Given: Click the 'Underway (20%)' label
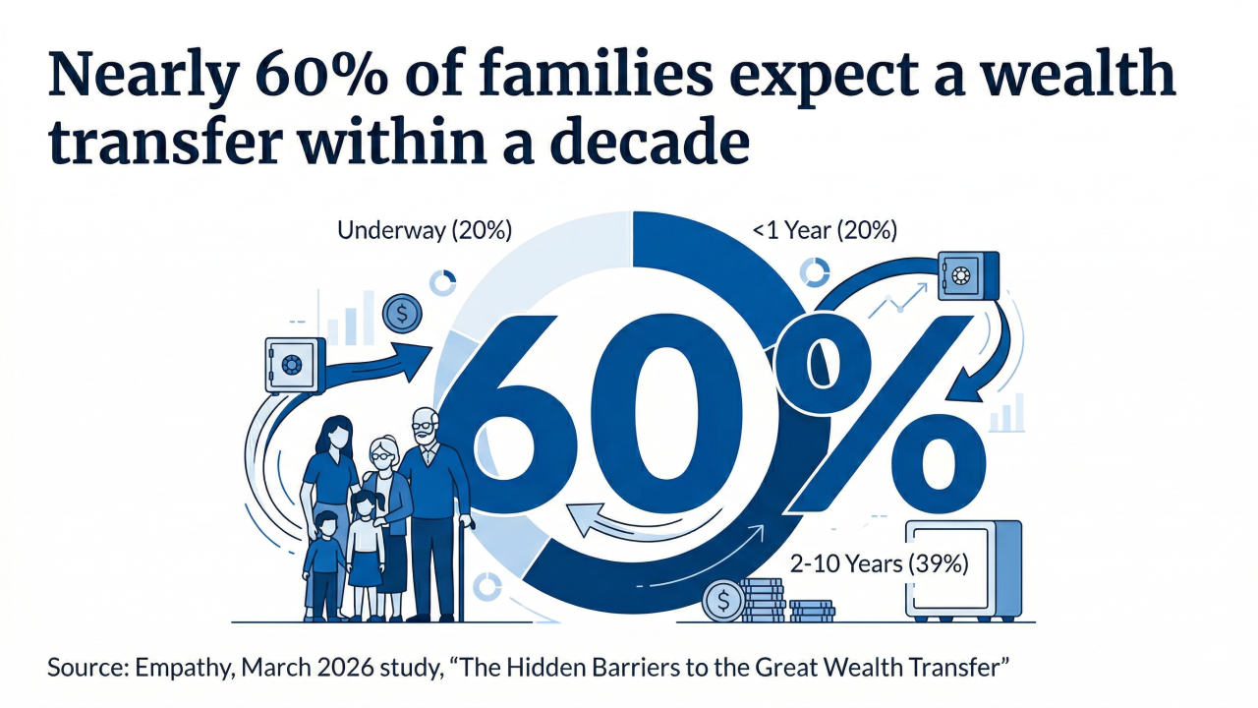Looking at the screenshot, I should (425, 231).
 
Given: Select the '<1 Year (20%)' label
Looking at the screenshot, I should (825, 231).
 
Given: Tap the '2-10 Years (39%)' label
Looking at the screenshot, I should (880, 564).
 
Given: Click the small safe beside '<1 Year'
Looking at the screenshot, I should (967, 275).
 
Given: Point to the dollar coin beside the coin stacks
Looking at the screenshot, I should (723, 601).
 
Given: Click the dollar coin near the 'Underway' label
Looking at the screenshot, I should (402, 314).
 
